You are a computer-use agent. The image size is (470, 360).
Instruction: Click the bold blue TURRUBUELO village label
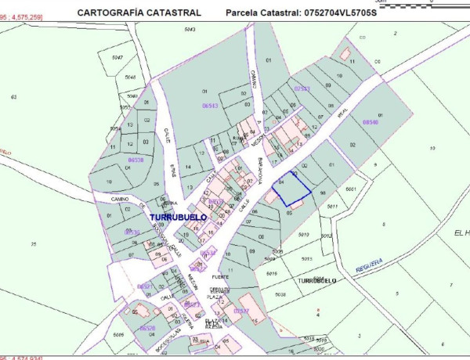[178, 216]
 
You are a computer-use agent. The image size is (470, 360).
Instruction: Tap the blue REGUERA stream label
[367, 264]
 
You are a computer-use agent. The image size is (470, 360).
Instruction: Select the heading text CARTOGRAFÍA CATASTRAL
[139, 13]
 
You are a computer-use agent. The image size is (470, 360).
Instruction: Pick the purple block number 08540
[370, 122]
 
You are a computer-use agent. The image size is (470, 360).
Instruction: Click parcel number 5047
[117, 58]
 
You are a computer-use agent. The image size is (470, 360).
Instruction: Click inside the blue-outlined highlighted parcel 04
[291, 188]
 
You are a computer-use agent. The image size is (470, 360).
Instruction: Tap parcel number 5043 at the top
[189, 29]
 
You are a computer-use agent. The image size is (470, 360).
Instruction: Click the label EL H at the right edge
[460, 233]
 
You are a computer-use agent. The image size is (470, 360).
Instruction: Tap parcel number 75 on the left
[33, 245]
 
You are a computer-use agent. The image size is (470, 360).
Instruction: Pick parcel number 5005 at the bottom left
[119, 334]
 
